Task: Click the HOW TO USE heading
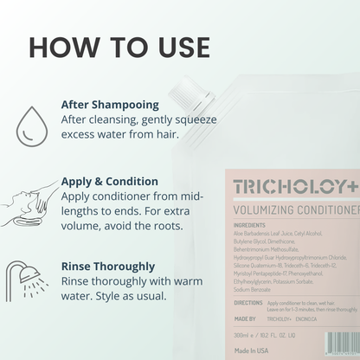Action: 119,46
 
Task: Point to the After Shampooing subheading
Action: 109,104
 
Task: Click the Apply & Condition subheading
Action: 109,182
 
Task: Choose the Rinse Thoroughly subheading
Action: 108,267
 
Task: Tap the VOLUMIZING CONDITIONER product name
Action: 296,209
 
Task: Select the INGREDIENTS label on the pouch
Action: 248,225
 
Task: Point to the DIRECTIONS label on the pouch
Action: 248,303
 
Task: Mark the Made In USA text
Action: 254,349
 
